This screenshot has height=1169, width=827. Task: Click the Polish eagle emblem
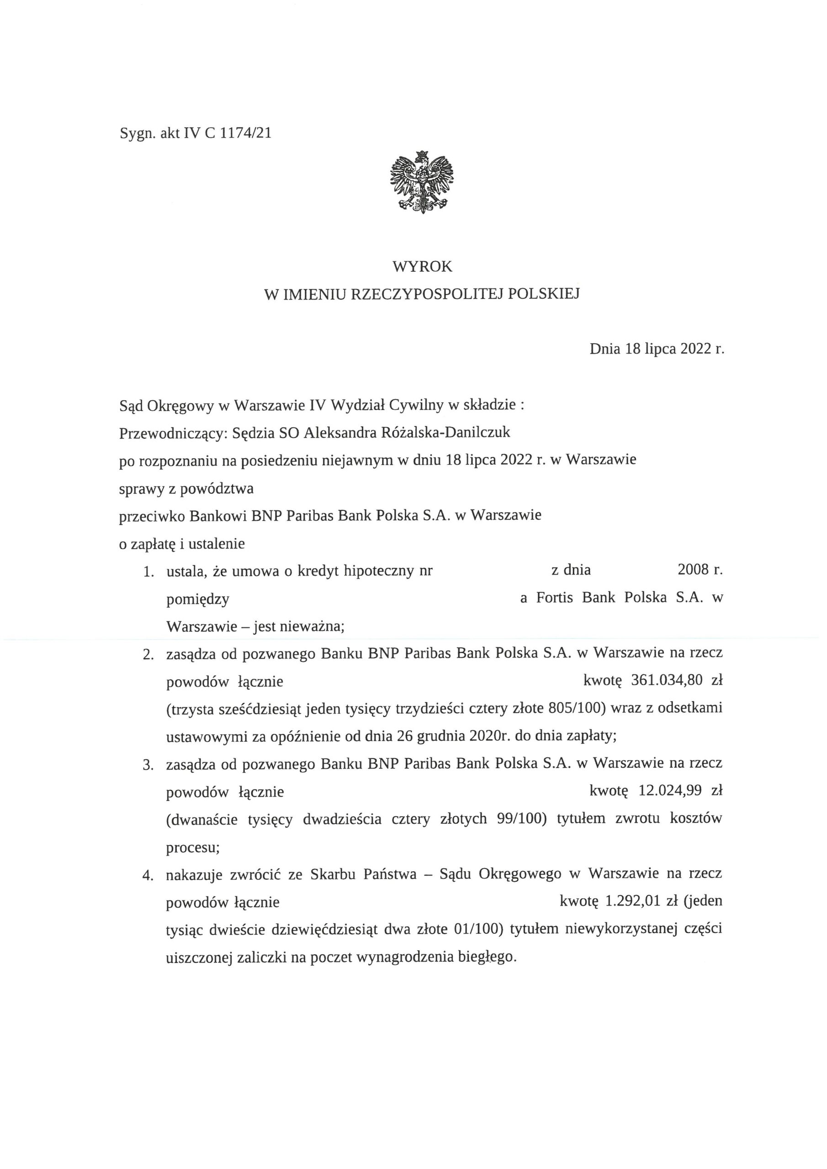[422, 182]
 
